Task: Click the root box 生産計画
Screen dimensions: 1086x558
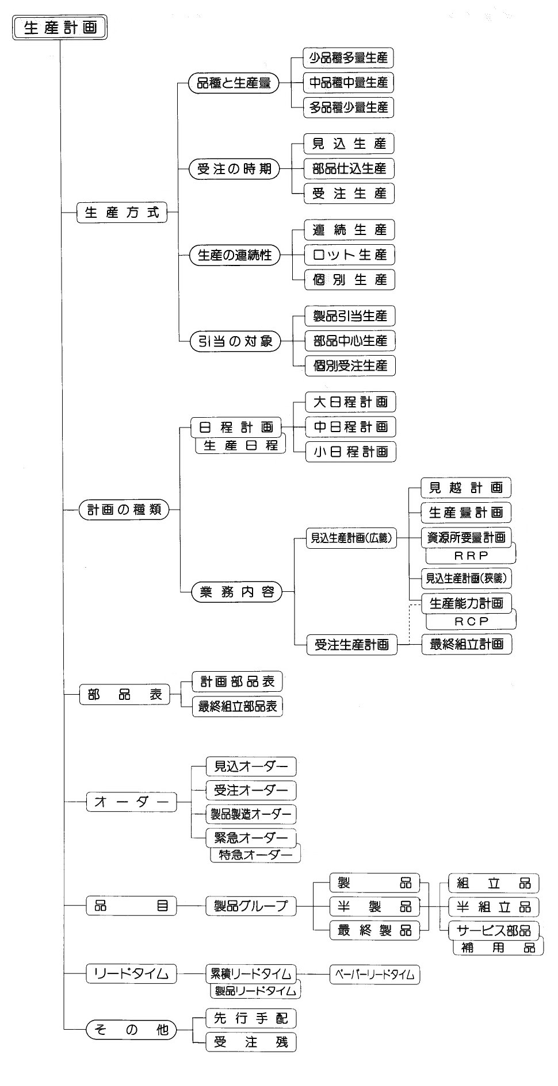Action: (x=60, y=28)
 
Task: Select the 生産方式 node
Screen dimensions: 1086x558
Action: (x=121, y=213)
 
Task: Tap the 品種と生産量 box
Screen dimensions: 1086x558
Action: (x=234, y=83)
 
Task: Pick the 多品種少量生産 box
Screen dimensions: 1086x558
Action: (x=349, y=107)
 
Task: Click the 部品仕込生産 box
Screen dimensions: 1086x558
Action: (x=349, y=169)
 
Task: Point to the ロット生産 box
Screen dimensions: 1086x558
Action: (x=349, y=255)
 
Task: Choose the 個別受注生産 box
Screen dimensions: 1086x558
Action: (x=350, y=365)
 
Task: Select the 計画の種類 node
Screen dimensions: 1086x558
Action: (x=124, y=510)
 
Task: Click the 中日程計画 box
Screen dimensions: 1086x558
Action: (x=350, y=427)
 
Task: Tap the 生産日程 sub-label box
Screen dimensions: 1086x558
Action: (x=240, y=446)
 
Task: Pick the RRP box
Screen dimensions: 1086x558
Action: (x=471, y=555)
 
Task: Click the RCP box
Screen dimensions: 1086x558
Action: (x=471, y=621)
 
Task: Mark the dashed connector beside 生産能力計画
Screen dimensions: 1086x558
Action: (x=410, y=623)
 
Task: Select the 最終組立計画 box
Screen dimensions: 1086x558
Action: (x=467, y=644)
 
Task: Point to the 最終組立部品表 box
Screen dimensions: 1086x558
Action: (x=238, y=707)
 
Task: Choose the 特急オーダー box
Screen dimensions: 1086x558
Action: (x=255, y=854)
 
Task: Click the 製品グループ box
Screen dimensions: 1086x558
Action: (x=251, y=907)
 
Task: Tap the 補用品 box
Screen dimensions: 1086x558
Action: (x=498, y=948)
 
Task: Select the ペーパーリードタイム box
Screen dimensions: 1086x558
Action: (x=374, y=974)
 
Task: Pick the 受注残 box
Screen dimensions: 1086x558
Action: (x=251, y=1042)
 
